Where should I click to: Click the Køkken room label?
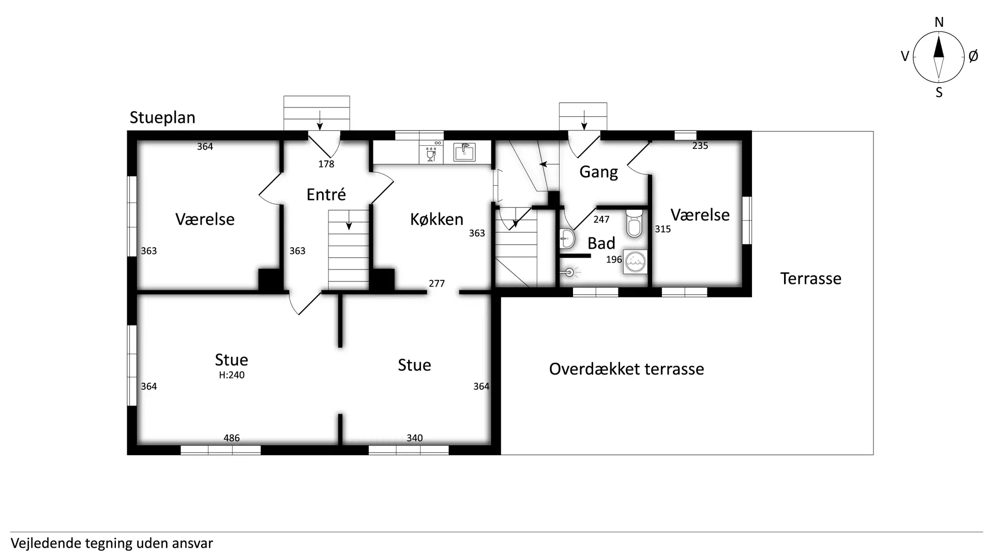(437, 219)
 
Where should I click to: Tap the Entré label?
(326, 194)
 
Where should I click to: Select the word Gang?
(598, 172)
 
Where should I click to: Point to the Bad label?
(601, 243)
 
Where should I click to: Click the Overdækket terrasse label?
(626, 369)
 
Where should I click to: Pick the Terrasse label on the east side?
(810, 279)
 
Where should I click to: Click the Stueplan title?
(162, 118)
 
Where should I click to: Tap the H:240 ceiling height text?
(232, 375)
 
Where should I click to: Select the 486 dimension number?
(232, 438)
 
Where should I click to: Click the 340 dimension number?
(414, 438)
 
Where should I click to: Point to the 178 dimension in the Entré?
(326, 164)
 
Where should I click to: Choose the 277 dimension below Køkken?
(437, 283)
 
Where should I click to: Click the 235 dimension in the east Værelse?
(700, 146)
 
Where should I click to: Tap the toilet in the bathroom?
(634, 223)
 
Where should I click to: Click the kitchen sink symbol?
(464, 152)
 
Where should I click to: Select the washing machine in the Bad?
(635, 262)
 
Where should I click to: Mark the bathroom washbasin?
(567, 239)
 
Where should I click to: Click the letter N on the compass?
(939, 22)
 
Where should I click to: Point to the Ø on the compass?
(973, 56)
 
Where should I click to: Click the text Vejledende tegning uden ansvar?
(112, 544)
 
